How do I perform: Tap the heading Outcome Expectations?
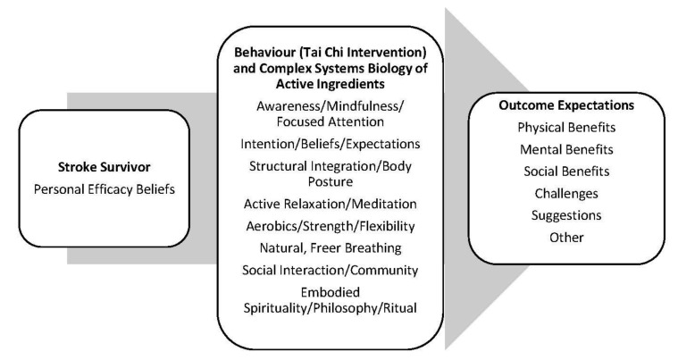coord(566,105)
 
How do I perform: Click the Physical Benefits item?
coord(566,128)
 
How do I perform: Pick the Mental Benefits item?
coord(566,149)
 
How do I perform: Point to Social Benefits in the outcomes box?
coord(566,172)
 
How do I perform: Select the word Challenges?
coord(566,193)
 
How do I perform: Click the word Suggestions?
coord(566,215)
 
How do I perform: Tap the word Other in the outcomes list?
coord(566,237)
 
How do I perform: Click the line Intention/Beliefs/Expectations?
coord(331,142)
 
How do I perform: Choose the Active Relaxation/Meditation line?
coord(331,205)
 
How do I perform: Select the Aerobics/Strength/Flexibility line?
coord(331,226)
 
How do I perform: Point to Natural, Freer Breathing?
coord(331,247)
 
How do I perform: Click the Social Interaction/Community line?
coord(331,269)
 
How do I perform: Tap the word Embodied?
coord(331,292)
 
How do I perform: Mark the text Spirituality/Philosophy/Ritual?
coord(331,308)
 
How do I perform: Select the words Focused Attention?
coord(331,120)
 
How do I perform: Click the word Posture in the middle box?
coord(331,180)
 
